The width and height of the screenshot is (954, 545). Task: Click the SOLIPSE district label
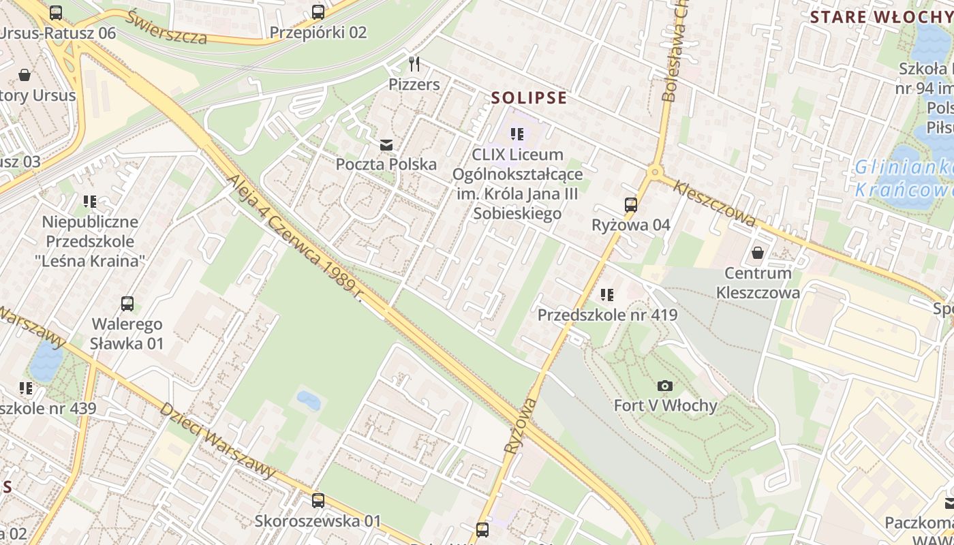click(x=529, y=98)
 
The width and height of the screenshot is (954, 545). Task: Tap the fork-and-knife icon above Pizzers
click(x=414, y=64)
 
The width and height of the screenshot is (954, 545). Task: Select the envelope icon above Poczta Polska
click(x=386, y=144)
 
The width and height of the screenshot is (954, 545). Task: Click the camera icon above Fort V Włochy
click(x=665, y=386)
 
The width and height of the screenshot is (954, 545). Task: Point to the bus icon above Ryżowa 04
click(x=630, y=204)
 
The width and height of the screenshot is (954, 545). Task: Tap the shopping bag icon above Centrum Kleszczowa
click(x=757, y=253)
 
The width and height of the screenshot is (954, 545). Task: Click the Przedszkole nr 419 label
click(x=607, y=315)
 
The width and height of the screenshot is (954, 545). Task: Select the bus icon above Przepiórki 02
click(x=318, y=12)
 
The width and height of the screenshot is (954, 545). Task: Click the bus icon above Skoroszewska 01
click(x=318, y=501)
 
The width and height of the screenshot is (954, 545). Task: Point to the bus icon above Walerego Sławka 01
click(x=127, y=304)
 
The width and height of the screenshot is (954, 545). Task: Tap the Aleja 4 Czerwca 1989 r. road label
click(x=295, y=236)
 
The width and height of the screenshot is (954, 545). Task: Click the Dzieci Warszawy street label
click(x=217, y=439)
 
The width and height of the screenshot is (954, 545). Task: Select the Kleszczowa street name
click(x=714, y=203)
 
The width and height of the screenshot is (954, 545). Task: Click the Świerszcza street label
click(x=166, y=28)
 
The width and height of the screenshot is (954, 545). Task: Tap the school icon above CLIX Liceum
click(x=517, y=134)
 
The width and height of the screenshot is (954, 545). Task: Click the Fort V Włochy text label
click(x=665, y=406)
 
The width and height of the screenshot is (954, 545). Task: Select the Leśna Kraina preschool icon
click(x=90, y=202)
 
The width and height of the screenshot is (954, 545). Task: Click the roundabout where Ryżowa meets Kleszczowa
click(x=655, y=173)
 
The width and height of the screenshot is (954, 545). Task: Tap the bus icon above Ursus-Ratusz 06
click(x=56, y=12)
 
